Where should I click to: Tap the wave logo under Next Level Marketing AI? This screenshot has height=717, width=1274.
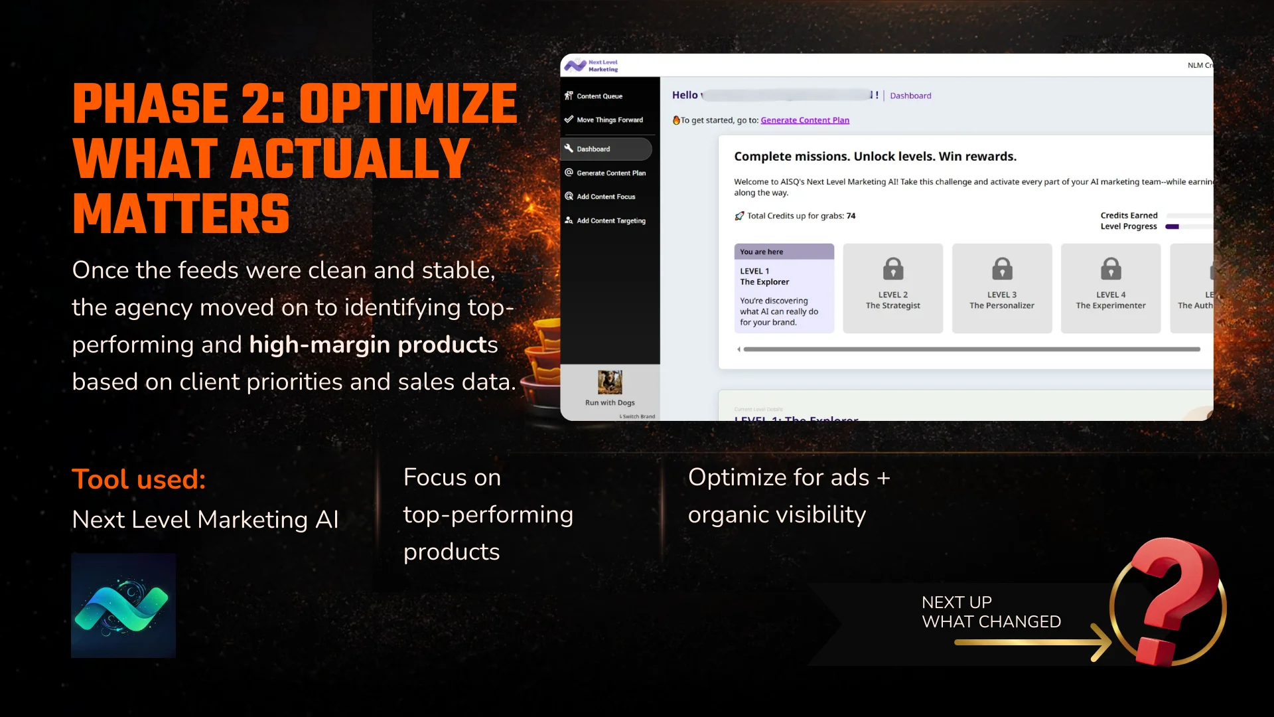click(x=123, y=605)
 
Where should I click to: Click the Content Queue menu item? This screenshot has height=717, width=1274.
click(x=599, y=96)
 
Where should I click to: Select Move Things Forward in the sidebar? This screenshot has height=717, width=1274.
click(x=609, y=120)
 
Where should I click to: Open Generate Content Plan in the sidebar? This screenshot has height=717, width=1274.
click(x=610, y=173)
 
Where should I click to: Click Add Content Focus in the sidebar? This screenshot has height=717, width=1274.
click(x=605, y=197)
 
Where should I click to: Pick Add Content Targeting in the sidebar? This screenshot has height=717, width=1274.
click(x=610, y=220)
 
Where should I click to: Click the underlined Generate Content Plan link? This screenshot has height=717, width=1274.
click(x=804, y=120)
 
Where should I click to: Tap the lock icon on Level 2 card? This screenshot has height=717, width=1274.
click(x=893, y=269)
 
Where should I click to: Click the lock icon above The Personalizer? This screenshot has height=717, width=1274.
click(x=1002, y=269)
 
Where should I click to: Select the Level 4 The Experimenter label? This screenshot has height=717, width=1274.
click(x=1110, y=300)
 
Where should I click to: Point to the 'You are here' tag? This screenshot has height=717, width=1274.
click(x=762, y=252)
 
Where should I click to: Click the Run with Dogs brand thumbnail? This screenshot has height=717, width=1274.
click(x=610, y=382)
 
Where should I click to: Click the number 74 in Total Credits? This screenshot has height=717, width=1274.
click(x=851, y=216)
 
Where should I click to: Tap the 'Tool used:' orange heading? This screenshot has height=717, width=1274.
click(x=139, y=479)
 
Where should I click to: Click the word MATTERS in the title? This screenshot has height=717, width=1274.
click(x=181, y=214)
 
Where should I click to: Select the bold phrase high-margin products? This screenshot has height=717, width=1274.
click(x=373, y=345)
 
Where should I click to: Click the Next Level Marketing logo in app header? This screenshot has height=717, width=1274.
click(x=591, y=66)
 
